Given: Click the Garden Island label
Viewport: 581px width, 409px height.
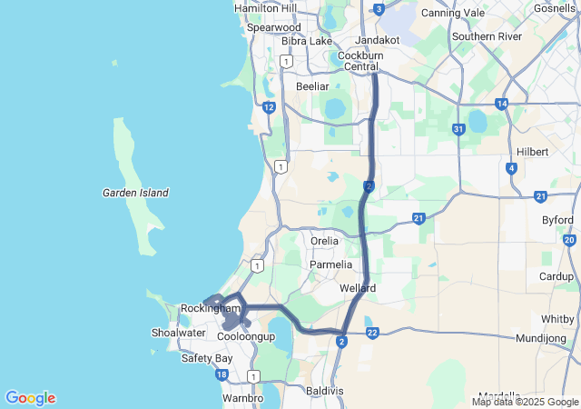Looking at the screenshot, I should pyautogui.click(x=135, y=193).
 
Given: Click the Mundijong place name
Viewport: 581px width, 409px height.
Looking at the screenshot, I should pyautogui.click(x=540, y=337).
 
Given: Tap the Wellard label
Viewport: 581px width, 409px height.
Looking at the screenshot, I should pyautogui.click(x=358, y=288).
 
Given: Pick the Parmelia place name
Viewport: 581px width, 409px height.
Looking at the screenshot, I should pyautogui.click(x=330, y=264).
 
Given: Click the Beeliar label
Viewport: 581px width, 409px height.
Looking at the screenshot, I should pyautogui.click(x=312, y=86).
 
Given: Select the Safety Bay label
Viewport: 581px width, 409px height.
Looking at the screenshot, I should pyautogui.click(x=208, y=358).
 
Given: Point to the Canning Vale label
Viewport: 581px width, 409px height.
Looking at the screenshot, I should pyautogui.click(x=453, y=13).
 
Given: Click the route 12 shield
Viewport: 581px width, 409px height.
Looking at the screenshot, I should pyautogui.click(x=269, y=107).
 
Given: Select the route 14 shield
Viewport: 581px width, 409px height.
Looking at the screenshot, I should pyautogui.click(x=501, y=105).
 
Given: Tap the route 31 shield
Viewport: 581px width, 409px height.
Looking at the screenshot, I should pyautogui.click(x=459, y=130).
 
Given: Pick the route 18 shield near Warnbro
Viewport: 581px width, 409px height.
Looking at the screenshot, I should pyautogui.click(x=222, y=374).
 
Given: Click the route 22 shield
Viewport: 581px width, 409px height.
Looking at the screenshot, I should pyautogui.click(x=372, y=333).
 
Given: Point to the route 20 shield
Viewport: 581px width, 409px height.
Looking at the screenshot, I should pyautogui.click(x=569, y=240).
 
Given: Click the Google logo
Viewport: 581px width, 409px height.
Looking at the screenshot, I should pyautogui.click(x=30, y=398).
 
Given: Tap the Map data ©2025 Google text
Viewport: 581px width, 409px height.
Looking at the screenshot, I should pyautogui.click(x=525, y=402).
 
